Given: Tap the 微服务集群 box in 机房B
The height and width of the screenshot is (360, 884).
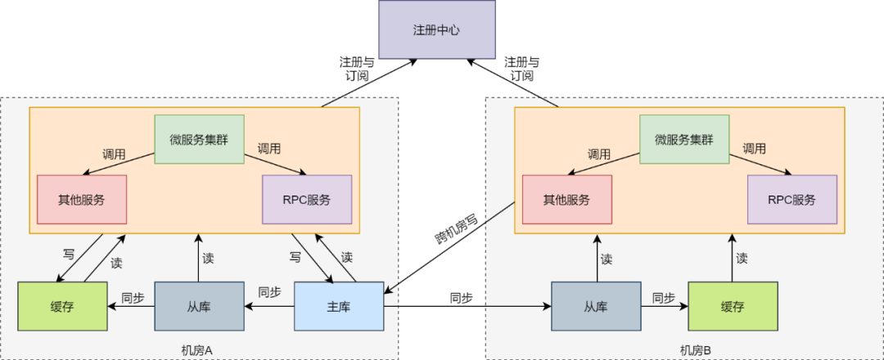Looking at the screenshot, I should [683, 139].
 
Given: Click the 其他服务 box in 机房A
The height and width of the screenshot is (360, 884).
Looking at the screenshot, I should [82, 200].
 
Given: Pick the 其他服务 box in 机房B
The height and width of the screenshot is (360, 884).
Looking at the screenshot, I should [566, 200].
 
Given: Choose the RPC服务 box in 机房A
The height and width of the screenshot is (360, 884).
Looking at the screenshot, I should [306, 200].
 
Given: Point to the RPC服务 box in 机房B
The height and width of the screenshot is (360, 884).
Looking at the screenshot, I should [792, 200].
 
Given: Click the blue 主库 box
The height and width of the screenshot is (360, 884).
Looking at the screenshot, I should [339, 306].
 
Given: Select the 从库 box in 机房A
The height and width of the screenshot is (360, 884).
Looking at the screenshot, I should [200, 306].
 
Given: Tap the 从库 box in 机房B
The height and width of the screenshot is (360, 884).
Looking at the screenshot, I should [596, 306].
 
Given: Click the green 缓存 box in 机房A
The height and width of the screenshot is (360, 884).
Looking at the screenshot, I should [62, 306].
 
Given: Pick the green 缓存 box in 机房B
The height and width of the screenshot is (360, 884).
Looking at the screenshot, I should [733, 306].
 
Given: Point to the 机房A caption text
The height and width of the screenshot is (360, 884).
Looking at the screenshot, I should [196, 350].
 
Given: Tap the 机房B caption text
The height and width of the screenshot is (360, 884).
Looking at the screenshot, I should [696, 350].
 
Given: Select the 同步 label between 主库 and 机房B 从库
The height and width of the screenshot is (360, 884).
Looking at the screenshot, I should [462, 297].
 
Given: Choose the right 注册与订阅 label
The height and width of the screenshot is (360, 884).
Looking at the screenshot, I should [522, 69].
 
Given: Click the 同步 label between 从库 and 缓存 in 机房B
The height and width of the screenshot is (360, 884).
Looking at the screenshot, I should [664, 297].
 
